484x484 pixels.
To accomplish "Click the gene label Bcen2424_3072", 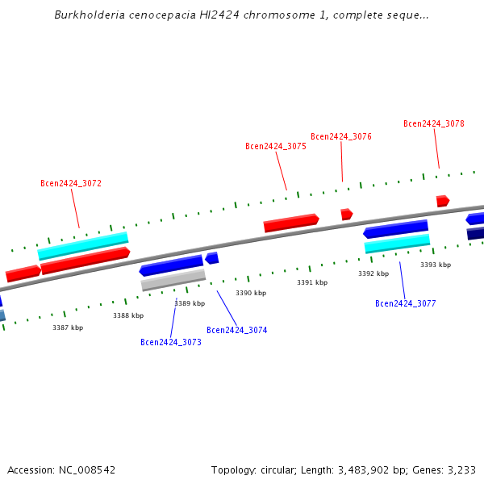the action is click(x=71, y=184).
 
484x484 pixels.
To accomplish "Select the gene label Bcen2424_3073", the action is click(x=171, y=343).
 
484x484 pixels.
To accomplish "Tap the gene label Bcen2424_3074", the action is click(x=237, y=331).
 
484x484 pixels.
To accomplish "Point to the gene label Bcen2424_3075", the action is click(x=276, y=147).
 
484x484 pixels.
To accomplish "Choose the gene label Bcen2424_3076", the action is click(x=341, y=137).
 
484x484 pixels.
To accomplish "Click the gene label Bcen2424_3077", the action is click(x=406, y=304).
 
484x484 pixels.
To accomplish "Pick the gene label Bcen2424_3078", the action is click(x=434, y=124).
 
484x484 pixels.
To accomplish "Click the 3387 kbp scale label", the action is click(x=68, y=328).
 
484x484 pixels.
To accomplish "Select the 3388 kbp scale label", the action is click(x=128, y=316).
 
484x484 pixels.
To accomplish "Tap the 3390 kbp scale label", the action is click(x=251, y=294).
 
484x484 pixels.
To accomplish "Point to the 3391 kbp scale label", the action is click(x=312, y=283).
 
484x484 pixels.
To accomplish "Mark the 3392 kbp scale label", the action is click(x=373, y=274).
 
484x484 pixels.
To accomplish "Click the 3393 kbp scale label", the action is click(x=436, y=265).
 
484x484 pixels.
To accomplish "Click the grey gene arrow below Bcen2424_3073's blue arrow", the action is click(x=173, y=280).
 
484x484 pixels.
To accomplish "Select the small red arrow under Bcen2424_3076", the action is click(x=346, y=215).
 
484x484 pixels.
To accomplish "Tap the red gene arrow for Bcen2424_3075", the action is click(x=291, y=223).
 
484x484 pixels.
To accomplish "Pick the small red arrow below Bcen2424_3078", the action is click(x=442, y=201).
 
